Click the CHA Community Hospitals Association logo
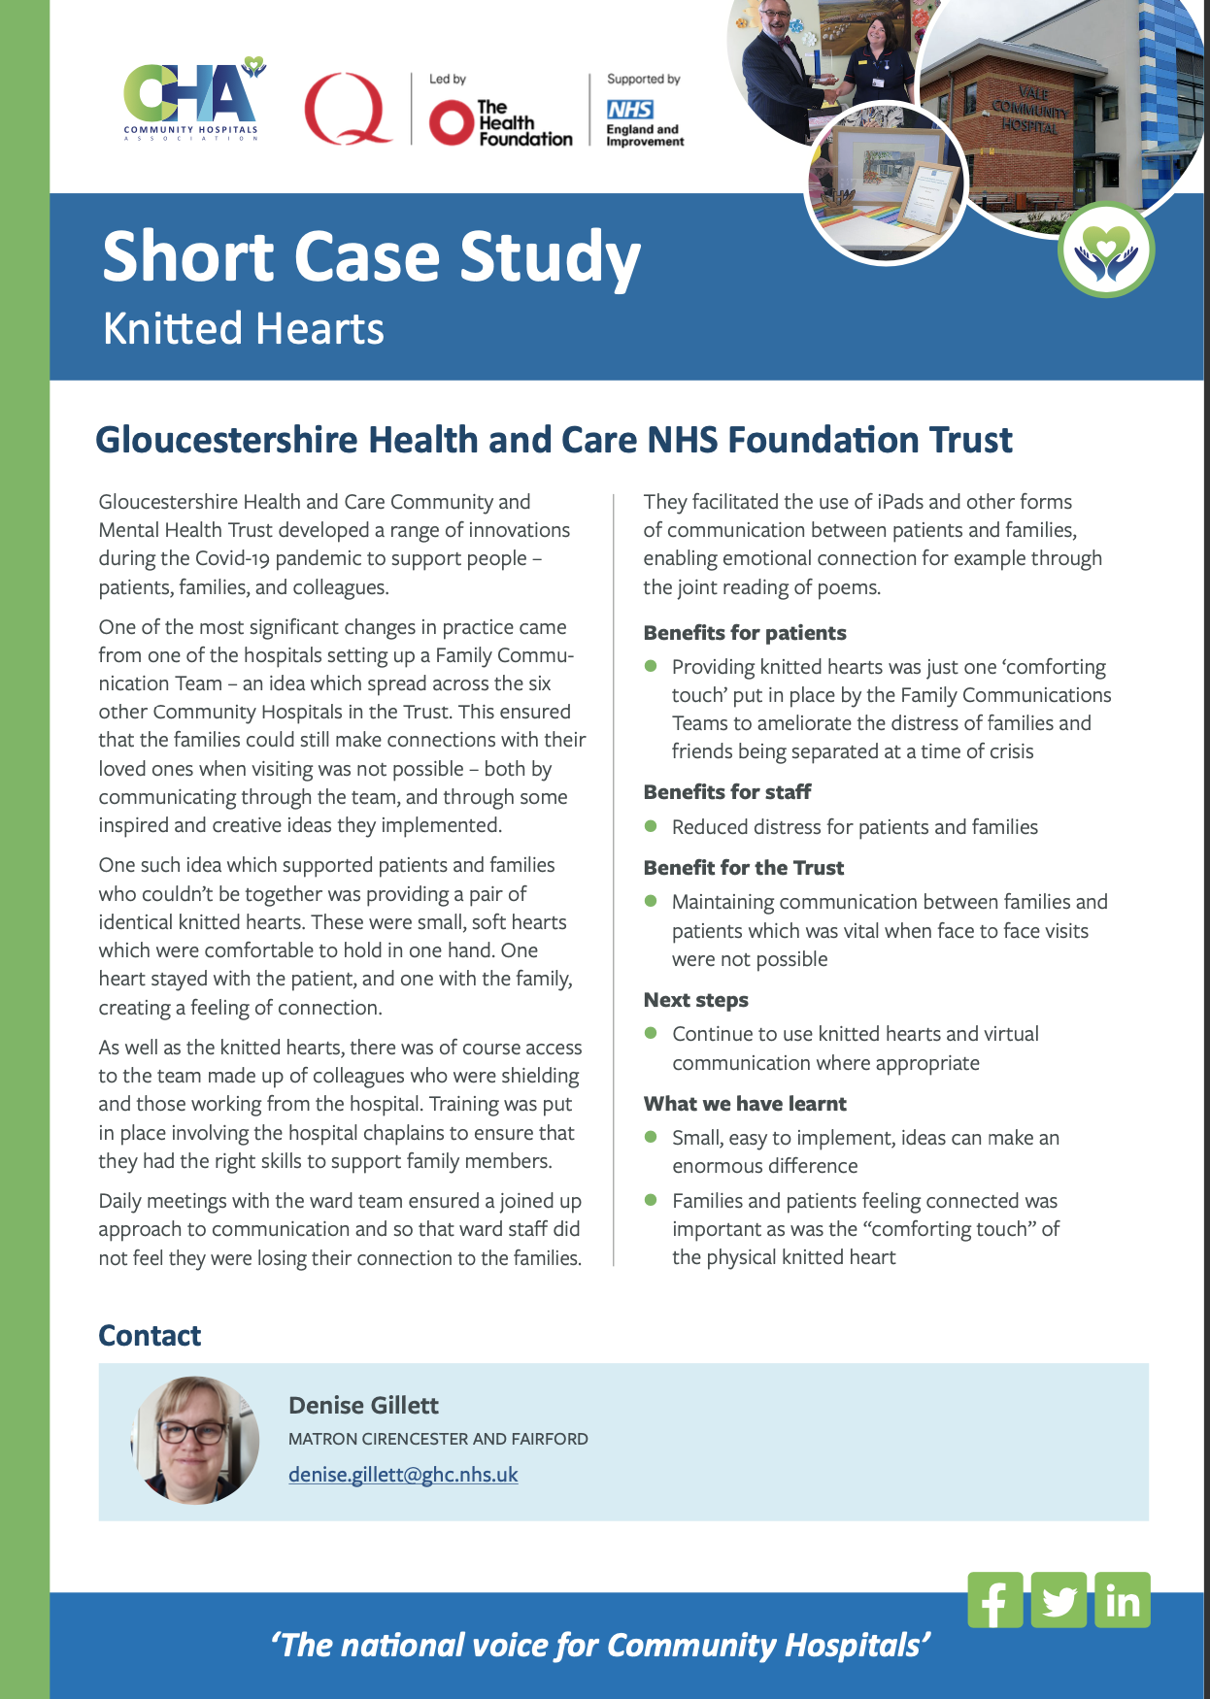pyautogui.click(x=192, y=102)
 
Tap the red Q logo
pyautogui.click(x=347, y=109)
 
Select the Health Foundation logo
pyautogui.click(x=500, y=122)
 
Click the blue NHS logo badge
pyautogui.click(x=629, y=110)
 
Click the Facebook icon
pyautogui.click(x=994, y=1600)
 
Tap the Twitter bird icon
pyautogui.click(x=1059, y=1600)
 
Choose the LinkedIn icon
pyautogui.click(x=1123, y=1600)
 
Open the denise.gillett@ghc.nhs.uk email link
pyautogui.click(x=403, y=1475)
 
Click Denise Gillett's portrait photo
pyautogui.click(x=195, y=1441)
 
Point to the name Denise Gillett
pyautogui.click(x=363, y=1405)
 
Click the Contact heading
pyautogui.click(x=150, y=1336)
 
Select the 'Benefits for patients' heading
pyautogui.click(x=745, y=633)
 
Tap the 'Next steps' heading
pyautogui.click(x=695, y=1000)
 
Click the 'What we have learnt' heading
pyautogui.click(x=745, y=1104)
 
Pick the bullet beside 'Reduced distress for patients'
pyautogui.click(x=651, y=826)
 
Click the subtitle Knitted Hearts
pyautogui.click(x=243, y=328)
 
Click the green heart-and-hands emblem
pyautogui.click(x=1105, y=250)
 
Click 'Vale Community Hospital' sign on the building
pyautogui.click(x=1029, y=109)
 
